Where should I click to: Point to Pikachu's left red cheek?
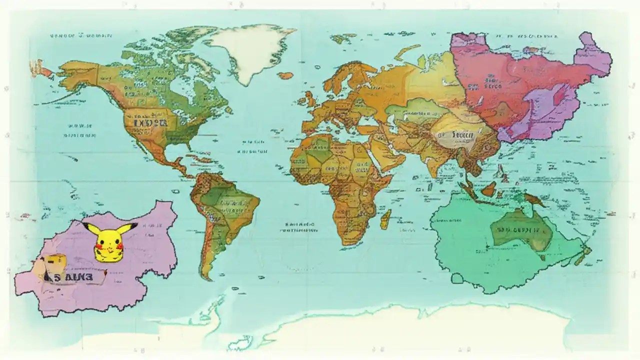pyautogui.click(x=100, y=246)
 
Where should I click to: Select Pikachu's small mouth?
pyautogui.click(x=109, y=247)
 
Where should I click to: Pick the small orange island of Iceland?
pyautogui.click(x=285, y=75)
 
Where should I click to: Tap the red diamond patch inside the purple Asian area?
pyautogui.click(x=557, y=94)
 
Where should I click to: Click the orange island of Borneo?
pyautogui.click(x=488, y=188)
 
